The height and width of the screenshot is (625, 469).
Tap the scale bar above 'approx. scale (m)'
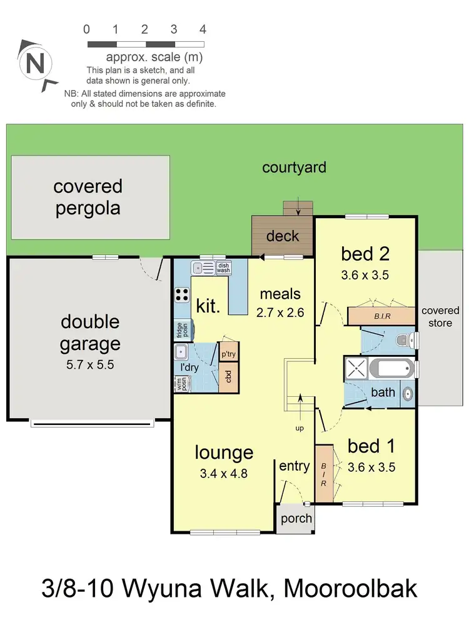click(x=146, y=44)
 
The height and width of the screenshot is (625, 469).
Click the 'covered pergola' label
click(x=88, y=197)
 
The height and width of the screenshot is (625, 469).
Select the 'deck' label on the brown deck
click(x=283, y=236)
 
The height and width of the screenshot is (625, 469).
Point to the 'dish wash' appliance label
click(x=223, y=268)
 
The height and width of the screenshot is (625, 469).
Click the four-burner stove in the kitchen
click(x=183, y=294)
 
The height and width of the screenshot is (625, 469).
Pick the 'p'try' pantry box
click(x=228, y=354)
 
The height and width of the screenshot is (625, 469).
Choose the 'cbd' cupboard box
click(x=229, y=376)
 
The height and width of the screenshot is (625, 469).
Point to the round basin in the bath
click(x=407, y=394)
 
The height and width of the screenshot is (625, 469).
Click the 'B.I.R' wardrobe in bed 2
click(x=381, y=316)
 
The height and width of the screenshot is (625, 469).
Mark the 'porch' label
click(x=296, y=519)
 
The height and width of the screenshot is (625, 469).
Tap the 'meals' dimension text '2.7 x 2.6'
click(x=280, y=312)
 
